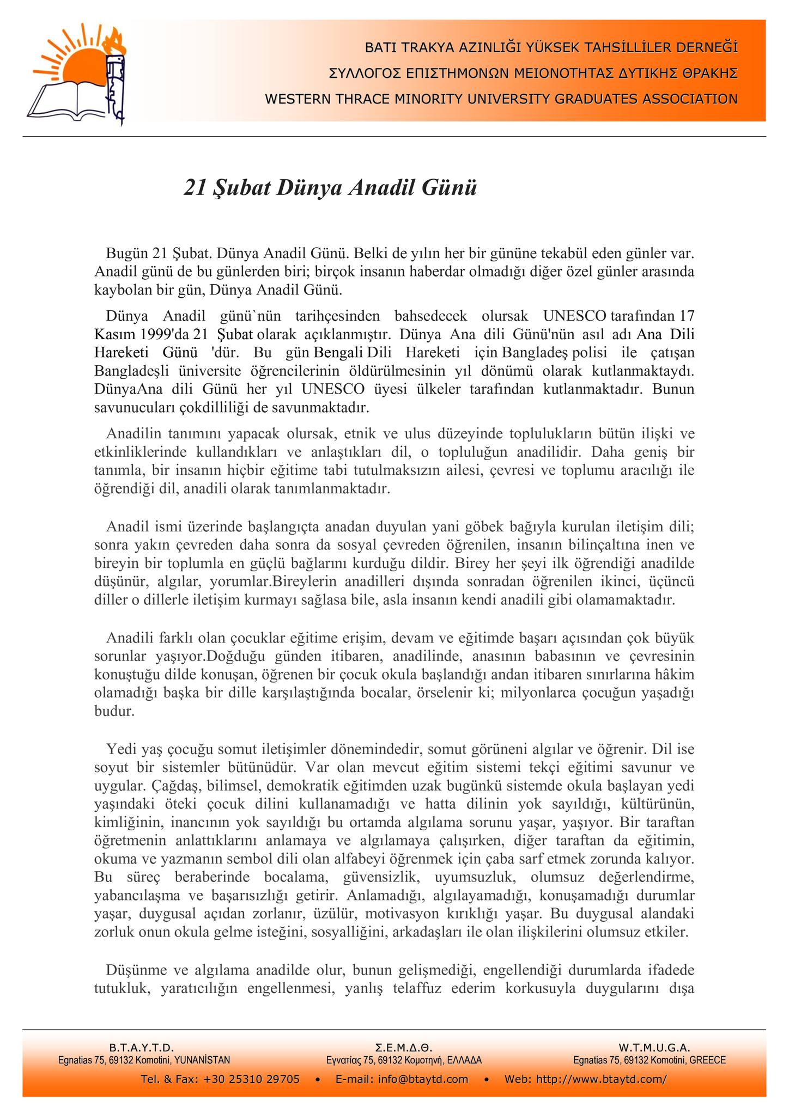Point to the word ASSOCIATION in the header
pyautogui.click(x=690, y=99)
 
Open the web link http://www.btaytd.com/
pyautogui.click(x=602, y=1080)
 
